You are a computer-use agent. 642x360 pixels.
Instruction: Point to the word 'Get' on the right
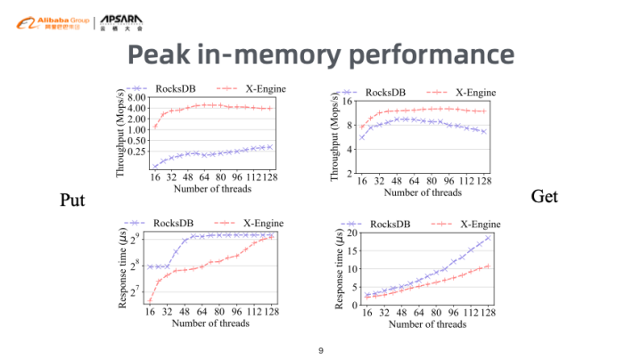(544, 195)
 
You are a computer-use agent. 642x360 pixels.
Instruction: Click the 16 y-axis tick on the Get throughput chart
(349, 102)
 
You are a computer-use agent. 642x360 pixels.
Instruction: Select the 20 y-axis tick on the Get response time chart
(351, 233)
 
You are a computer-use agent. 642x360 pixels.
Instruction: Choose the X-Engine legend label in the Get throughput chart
(475, 93)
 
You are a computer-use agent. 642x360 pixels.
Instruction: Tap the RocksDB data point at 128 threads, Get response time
(488, 238)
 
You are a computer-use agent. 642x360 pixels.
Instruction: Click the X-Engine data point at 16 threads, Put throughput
(155, 126)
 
